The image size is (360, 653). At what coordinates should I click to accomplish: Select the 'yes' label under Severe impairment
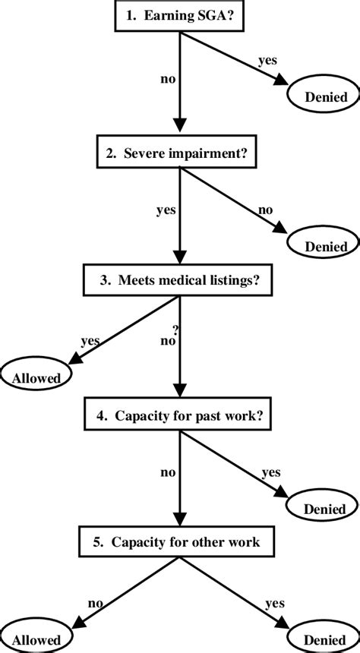(166, 211)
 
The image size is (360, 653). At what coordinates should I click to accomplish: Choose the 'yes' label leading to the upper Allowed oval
(90, 341)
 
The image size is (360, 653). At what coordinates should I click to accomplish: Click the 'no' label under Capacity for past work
(168, 472)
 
